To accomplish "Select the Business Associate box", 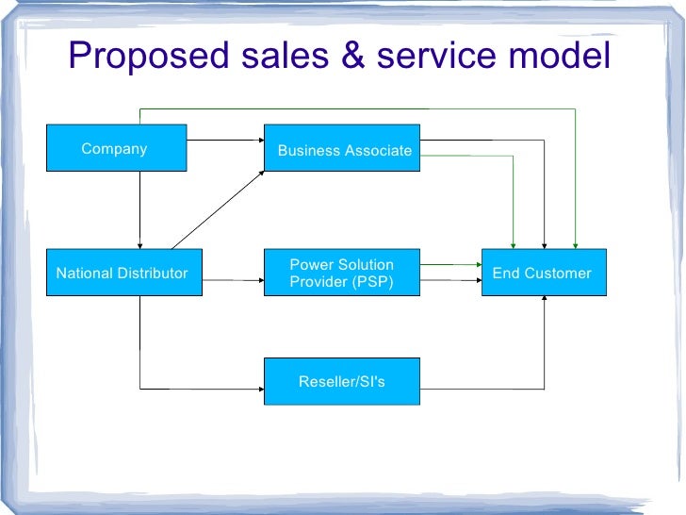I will (x=342, y=149).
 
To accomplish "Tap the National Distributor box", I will (x=123, y=274).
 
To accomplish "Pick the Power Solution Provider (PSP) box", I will (x=342, y=274).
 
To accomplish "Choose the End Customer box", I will (x=544, y=274).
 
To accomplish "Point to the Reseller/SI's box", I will (x=342, y=382).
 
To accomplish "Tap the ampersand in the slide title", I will (x=350, y=57).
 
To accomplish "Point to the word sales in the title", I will (x=275, y=57).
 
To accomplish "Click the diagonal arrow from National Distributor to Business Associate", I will (x=219, y=209).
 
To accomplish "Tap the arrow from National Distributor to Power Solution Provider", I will (x=232, y=280).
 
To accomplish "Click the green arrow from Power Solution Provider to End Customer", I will (x=450, y=266).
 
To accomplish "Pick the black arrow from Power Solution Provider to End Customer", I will (x=450, y=280).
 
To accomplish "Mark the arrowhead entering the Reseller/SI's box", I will (x=259, y=389).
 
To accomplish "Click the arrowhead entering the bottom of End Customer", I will (x=545, y=301).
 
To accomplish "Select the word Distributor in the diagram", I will (x=154, y=274).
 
